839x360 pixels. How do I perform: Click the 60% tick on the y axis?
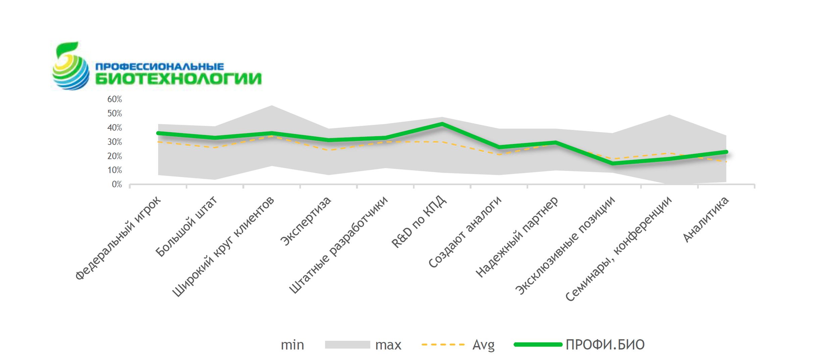point(114,99)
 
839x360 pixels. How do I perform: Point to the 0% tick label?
point(116,185)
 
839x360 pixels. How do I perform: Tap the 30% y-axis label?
point(114,142)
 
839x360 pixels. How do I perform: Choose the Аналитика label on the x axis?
point(706,219)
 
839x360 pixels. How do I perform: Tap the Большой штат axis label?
point(186,227)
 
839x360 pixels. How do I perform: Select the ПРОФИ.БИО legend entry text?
point(605,345)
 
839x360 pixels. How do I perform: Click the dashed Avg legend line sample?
point(443,345)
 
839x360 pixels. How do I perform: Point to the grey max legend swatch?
point(347,345)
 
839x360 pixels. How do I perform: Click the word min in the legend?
point(292,345)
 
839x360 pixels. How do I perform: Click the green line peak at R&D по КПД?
point(442,124)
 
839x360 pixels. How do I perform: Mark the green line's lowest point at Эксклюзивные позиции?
point(613,163)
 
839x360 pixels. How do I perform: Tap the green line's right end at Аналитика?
point(726,152)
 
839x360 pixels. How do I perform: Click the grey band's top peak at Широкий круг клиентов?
point(272,106)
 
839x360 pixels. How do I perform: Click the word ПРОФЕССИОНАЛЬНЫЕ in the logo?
point(159,67)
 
